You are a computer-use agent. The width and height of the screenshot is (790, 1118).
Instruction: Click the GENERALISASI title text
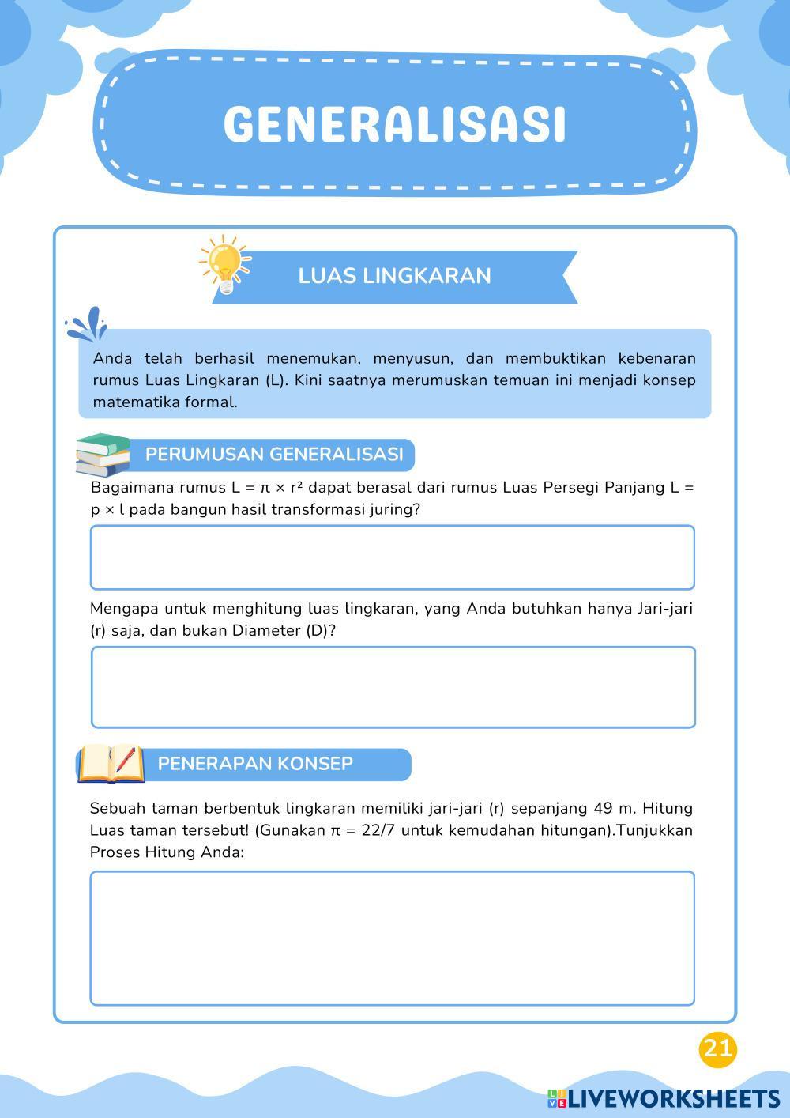tap(395, 124)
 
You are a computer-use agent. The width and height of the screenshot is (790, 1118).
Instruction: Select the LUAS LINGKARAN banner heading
tap(394, 276)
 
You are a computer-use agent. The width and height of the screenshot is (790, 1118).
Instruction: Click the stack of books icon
tap(103, 455)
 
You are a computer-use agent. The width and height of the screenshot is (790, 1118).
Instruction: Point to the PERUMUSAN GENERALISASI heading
tap(274, 455)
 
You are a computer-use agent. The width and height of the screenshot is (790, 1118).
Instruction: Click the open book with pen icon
tap(111, 764)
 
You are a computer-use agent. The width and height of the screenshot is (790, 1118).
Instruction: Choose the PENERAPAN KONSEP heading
tap(255, 764)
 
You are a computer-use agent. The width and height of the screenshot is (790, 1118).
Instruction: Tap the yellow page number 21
tap(717, 1049)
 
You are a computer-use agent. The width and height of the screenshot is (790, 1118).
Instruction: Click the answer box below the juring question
tap(393, 557)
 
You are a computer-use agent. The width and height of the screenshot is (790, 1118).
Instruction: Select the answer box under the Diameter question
tap(393, 687)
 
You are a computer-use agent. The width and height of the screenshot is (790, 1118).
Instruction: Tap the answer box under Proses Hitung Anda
tap(393, 939)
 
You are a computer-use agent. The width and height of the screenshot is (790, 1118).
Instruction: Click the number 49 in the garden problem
tap(604, 808)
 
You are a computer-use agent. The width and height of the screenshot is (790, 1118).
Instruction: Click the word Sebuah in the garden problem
tap(116, 808)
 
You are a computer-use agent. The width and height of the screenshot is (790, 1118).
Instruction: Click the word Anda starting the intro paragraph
tap(112, 358)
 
